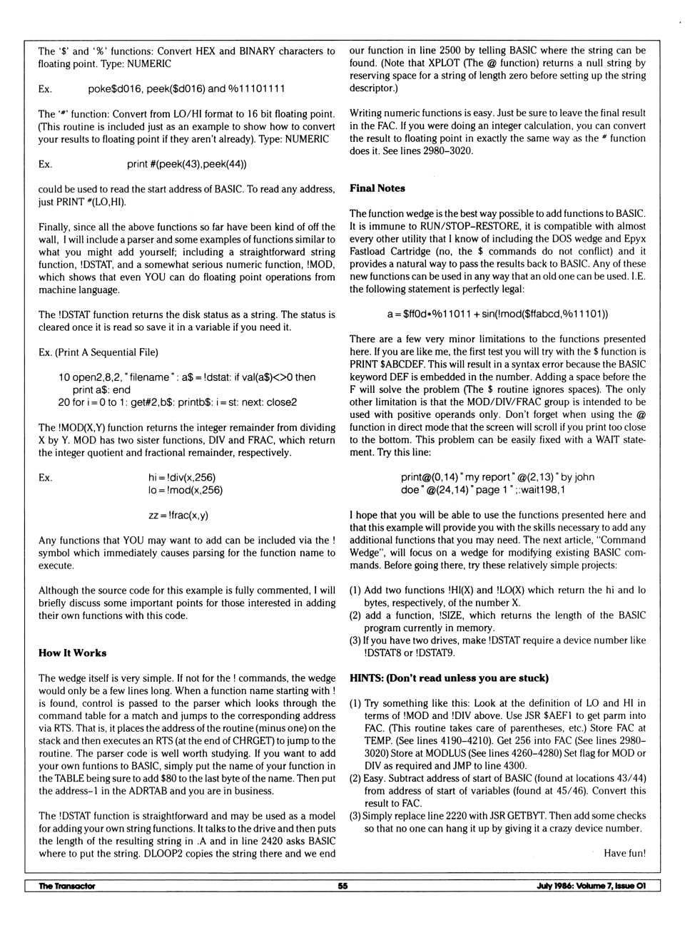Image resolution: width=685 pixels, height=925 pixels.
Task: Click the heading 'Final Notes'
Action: click(x=377, y=188)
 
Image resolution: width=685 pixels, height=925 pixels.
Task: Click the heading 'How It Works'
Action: click(x=72, y=653)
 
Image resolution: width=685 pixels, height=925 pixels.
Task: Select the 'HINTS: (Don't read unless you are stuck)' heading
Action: click(x=449, y=678)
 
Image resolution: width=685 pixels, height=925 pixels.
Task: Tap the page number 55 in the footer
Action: click(x=342, y=886)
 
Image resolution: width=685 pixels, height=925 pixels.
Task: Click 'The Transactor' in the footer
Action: click(x=66, y=886)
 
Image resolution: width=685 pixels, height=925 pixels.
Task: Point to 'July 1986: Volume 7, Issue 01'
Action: click(x=591, y=886)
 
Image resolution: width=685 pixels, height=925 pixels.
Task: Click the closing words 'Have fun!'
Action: click(x=624, y=853)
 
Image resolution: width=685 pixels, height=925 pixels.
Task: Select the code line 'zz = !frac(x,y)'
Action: click(x=178, y=515)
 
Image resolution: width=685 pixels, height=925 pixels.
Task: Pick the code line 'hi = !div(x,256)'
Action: click(x=181, y=477)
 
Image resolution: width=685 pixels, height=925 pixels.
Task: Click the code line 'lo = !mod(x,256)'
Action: click(x=185, y=490)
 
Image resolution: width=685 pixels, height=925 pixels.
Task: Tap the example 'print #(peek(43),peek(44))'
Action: click(x=187, y=164)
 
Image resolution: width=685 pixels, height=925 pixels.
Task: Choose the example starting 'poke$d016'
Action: click(x=186, y=88)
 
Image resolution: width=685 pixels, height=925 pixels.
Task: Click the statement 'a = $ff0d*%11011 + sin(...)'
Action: click(x=497, y=314)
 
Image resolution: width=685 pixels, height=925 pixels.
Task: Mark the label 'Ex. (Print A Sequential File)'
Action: click(x=98, y=352)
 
